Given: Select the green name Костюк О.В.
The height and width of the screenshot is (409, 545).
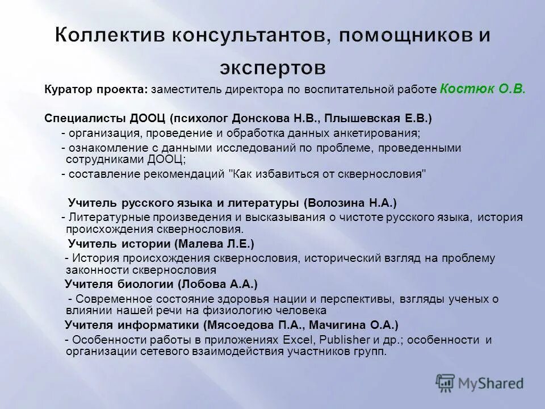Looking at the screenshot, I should click(x=483, y=89).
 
